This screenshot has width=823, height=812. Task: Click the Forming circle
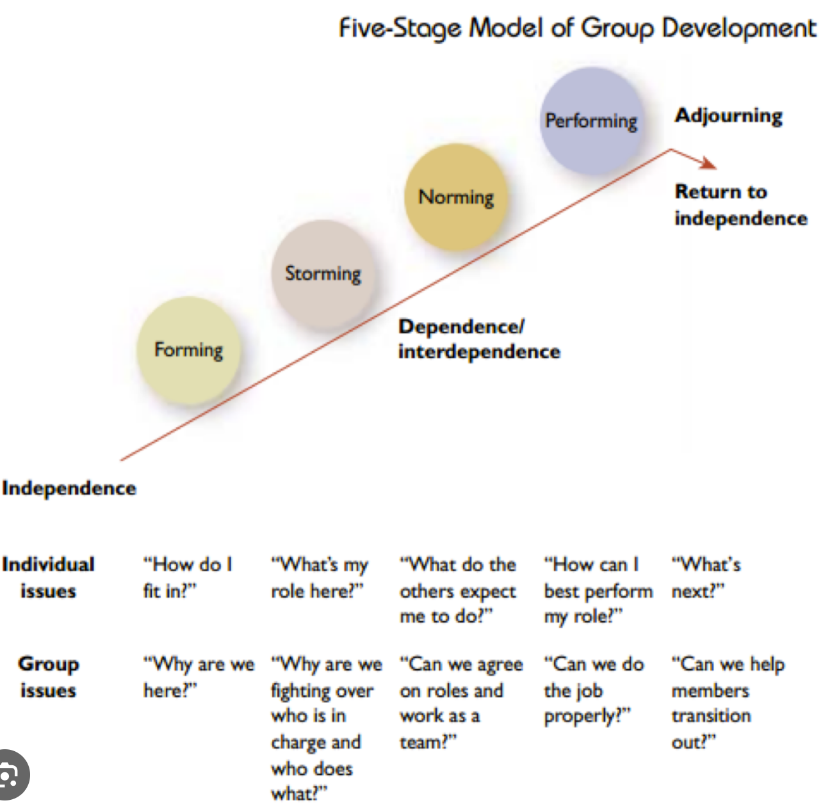189,350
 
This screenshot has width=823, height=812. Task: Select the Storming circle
323,273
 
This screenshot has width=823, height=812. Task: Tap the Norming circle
456,197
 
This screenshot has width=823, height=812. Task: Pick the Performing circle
591,120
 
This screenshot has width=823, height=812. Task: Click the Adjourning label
728,116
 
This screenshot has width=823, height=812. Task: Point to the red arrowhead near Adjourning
708,163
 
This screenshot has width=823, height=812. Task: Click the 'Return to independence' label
740,205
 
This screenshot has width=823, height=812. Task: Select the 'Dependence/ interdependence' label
478,339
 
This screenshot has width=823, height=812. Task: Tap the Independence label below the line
69,488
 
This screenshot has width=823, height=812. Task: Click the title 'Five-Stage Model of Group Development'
577,28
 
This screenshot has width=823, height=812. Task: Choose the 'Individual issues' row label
48,577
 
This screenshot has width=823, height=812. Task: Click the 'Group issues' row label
48,677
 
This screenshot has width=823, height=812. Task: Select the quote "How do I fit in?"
186,577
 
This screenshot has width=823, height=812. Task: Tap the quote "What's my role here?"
319,577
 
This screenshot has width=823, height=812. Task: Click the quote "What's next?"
705,577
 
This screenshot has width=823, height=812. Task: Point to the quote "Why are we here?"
198,677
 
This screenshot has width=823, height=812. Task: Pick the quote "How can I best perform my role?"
597,590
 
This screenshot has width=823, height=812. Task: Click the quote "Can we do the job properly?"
593,690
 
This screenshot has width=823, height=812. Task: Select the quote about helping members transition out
727,702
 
